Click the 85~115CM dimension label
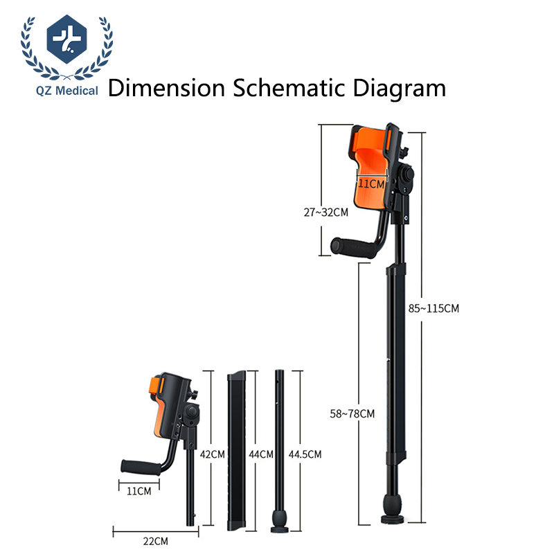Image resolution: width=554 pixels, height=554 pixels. [434, 308]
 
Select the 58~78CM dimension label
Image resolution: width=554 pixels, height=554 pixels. [352, 413]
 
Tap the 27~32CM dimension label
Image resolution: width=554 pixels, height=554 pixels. [325, 212]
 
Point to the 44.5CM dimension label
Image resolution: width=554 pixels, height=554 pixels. [305, 454]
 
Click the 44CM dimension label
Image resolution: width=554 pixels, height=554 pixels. [261, 454]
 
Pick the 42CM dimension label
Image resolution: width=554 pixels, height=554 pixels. [212, 454]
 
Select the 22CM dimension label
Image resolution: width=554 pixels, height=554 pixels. [155, 541]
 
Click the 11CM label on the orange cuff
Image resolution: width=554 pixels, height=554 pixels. [371, 184]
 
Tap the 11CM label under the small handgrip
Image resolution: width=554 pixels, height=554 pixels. [139, 491]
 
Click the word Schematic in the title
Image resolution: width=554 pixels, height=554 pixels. [289, 88]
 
